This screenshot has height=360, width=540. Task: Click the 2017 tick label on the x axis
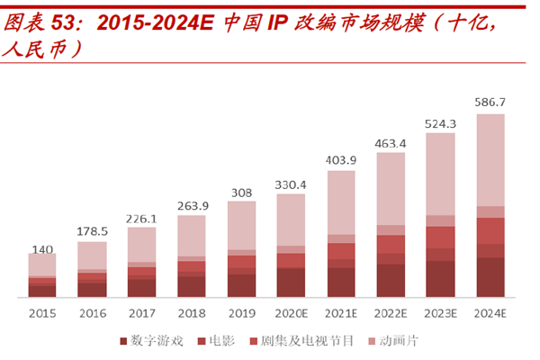point(141,313)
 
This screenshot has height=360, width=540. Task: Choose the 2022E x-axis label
point(390,313)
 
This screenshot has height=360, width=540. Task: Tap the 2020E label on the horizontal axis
point(291,313)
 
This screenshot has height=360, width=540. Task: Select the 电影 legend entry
point(220,342)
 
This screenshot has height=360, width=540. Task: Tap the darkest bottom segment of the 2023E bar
point(440,279)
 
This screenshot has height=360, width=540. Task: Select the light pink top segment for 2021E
point(341,202)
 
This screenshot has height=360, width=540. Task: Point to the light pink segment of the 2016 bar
point(92,255)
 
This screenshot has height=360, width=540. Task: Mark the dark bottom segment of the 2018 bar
point(191,286)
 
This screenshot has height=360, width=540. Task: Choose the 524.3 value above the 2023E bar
point(440,123)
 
